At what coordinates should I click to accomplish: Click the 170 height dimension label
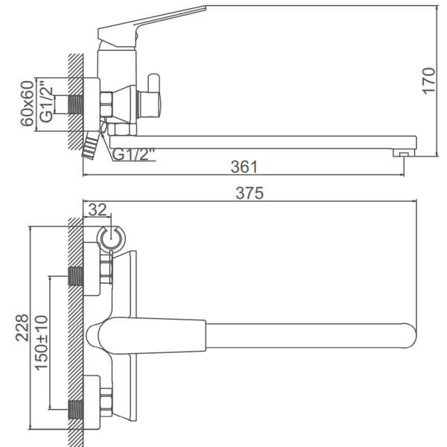tap(428, 81)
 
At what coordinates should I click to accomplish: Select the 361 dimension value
tap(244, 167)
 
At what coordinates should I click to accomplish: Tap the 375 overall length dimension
tap(250, 193)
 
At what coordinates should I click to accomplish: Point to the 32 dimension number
tap(97, 209)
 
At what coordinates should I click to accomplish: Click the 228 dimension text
tap(22, 328)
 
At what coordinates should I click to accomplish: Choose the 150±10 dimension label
tap(41, 343)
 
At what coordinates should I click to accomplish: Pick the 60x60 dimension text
tap(27, 104)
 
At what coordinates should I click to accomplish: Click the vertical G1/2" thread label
tap(46, 102)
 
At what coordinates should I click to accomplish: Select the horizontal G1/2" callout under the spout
tap(133, 154)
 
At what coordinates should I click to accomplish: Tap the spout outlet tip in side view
tap(404, 154)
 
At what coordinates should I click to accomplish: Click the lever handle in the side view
tap(151, 25)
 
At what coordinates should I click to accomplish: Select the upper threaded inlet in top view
tap(76, 276)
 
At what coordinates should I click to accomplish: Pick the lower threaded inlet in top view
tap(76, 410)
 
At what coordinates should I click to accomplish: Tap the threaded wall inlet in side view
tap(76, 105)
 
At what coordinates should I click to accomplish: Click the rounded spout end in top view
tap(409, 335)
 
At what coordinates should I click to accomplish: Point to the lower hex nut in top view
tap(107, 402)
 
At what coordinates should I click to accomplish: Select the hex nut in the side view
tap(107, 104)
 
